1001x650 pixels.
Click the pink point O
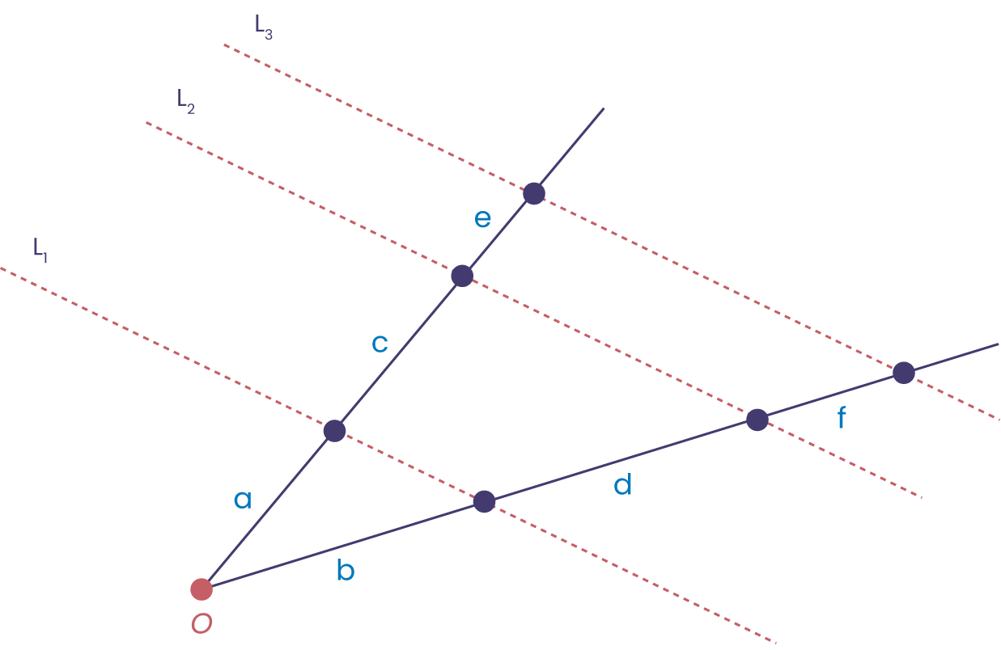(201, 589)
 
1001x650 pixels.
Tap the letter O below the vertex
(201, 624)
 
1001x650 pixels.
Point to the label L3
(263, 27)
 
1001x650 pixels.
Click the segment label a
(243, 500)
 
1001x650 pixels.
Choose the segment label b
(346, 572)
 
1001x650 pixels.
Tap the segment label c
(380, 344)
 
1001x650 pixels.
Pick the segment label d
(622, 485)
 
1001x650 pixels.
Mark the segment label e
(482, 218)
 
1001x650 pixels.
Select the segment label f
(842, 418)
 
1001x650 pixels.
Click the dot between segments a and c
(334, 431)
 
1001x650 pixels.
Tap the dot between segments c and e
(462, 276)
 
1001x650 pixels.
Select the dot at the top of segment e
(534, 193)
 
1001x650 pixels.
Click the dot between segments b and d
(484, 502)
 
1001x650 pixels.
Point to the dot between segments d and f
(757, 420)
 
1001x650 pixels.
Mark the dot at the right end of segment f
(904, 373)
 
